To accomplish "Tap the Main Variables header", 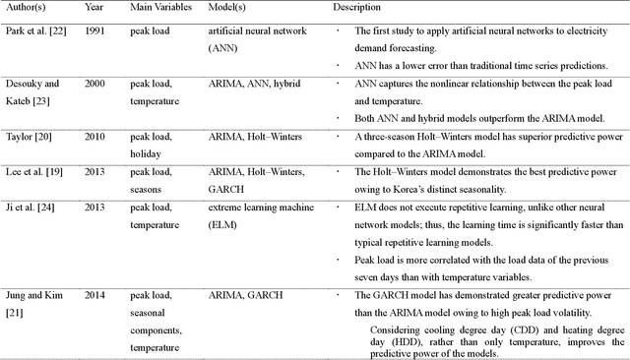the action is [157, 6].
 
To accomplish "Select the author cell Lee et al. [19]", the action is [31, 171].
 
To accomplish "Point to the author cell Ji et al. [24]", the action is [29, 208].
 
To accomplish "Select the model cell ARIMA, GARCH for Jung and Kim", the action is [240, 293].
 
